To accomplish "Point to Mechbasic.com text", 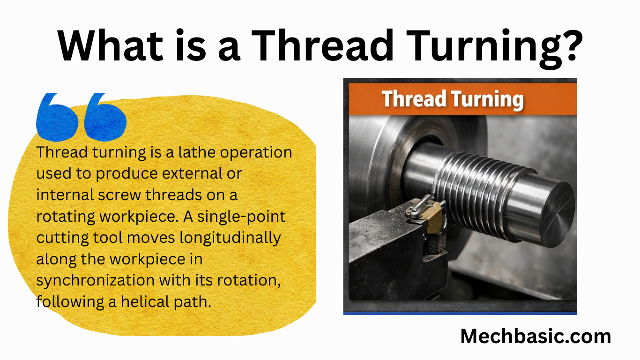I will click(536, 336).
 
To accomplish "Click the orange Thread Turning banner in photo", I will click(460, 100).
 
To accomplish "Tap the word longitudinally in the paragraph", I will click(231, 238).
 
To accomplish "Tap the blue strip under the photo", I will click(460, 313).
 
